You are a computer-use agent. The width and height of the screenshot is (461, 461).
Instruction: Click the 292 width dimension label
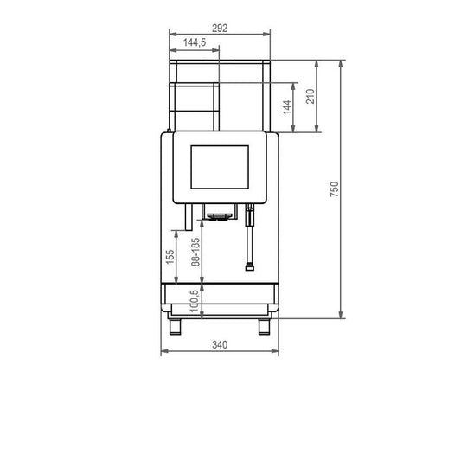point(220,29)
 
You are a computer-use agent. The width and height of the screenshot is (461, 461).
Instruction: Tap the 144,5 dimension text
point(195,42)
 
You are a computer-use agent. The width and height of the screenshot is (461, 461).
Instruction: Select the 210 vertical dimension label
point(311,96)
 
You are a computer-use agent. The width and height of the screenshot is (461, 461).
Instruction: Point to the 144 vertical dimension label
point(287,107)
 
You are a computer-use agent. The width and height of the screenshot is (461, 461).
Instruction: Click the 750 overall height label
point(335,189)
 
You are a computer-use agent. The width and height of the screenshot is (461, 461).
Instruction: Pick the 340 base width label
point(220,344)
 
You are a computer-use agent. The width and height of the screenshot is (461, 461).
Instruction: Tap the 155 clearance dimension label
point(170,257)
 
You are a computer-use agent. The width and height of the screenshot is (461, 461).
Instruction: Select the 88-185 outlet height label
point(195,252)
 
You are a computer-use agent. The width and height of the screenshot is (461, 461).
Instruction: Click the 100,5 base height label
point(194,301)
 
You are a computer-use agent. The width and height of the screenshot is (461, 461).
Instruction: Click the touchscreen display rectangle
point(220,167)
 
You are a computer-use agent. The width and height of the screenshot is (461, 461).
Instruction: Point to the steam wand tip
point(250,267)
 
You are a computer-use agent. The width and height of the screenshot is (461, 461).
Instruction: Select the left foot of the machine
point(176,327)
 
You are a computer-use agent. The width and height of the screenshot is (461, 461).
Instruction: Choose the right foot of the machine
point(264,327)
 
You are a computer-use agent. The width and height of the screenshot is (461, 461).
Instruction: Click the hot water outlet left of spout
point(189,217)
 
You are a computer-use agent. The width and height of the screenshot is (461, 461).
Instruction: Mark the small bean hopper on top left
point(194,106)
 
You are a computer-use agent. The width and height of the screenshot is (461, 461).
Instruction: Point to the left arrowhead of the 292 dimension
point(173,34)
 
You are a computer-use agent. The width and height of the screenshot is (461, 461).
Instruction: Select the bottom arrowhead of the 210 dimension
point(317,128)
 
